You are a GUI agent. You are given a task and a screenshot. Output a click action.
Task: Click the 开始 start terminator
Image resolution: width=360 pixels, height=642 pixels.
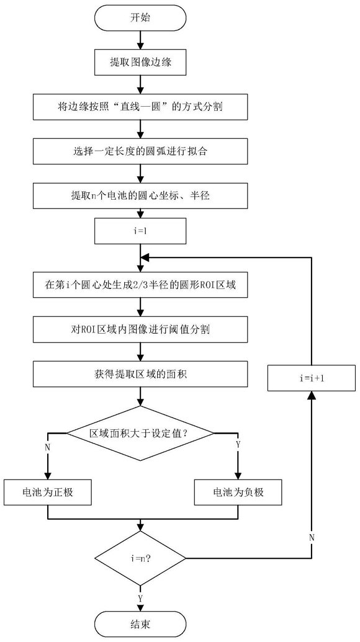[x=140, y=18]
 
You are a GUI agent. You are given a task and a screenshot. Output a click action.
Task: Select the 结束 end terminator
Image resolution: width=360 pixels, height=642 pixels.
[x=140, y=624]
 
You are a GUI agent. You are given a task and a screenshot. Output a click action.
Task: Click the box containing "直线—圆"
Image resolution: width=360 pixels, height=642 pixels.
[x=140, y=107]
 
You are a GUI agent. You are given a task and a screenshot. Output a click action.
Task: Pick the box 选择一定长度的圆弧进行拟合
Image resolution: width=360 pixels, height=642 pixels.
[x=140, y=151]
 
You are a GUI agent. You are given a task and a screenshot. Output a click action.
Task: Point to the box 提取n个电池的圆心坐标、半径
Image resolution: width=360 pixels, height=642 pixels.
[x=140, y=196]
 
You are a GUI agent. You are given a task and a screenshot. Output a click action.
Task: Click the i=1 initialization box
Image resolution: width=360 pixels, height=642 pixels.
[x=140, y=232]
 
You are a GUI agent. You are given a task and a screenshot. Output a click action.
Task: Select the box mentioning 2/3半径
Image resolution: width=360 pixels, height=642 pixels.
[x=140, y=285]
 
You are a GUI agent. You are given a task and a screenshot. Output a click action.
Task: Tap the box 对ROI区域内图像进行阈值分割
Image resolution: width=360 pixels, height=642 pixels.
[x=140, y=329]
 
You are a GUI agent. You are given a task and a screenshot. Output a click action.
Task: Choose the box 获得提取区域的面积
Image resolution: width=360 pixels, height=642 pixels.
[x=140, y=374]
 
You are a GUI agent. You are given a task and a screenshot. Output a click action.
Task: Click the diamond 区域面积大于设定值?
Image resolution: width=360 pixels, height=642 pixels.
[x=140, y=433]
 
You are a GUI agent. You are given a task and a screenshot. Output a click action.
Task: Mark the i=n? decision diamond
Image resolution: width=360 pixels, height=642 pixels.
[x=140, y=558]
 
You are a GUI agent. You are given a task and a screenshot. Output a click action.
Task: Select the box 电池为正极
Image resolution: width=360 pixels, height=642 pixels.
[x=48, y=492]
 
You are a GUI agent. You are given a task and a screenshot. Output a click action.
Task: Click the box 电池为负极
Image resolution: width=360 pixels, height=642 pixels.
[x=239, y=492]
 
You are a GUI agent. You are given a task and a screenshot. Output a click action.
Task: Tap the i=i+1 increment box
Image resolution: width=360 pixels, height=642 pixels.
[x=312, y=378]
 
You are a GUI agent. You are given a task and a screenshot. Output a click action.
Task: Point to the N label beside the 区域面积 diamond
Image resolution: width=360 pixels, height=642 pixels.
[x=48, y=447]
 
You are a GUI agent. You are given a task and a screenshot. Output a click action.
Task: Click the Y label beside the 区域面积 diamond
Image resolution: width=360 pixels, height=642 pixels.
[x=238, y=444]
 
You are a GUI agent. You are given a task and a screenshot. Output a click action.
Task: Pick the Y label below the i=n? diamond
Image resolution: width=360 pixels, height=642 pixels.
[x=140, y=598]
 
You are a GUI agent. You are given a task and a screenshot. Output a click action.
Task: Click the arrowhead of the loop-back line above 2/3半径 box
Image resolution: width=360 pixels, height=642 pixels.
[x=145, y=259]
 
